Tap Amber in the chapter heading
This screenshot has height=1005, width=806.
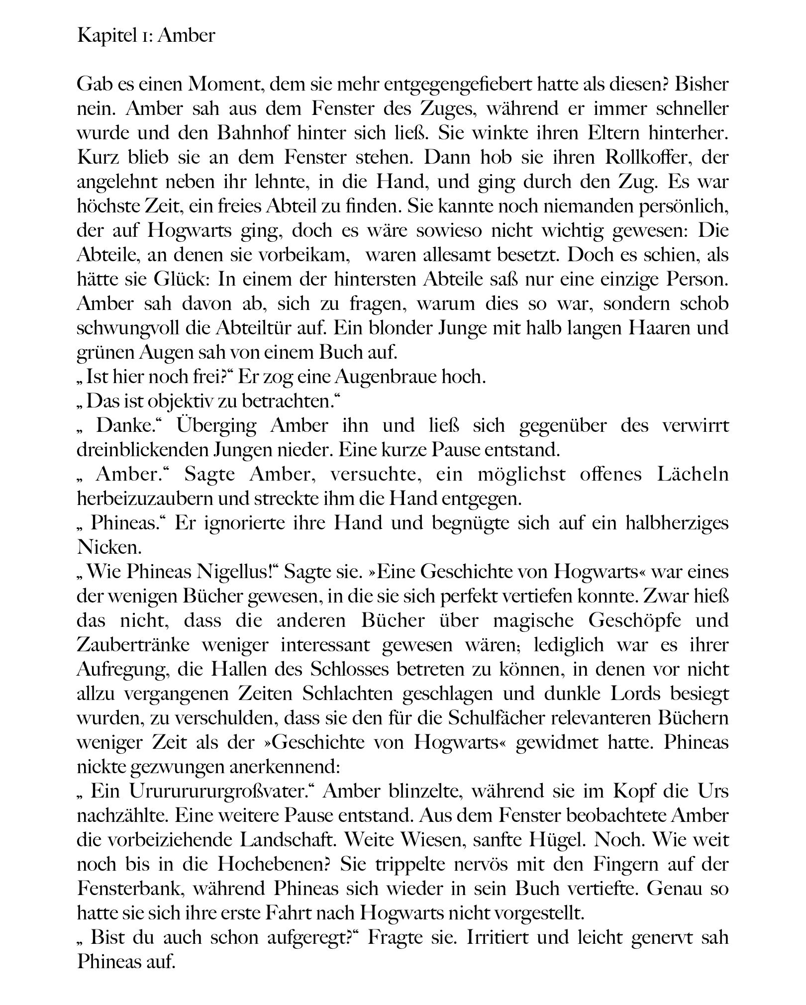(186, 36)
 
